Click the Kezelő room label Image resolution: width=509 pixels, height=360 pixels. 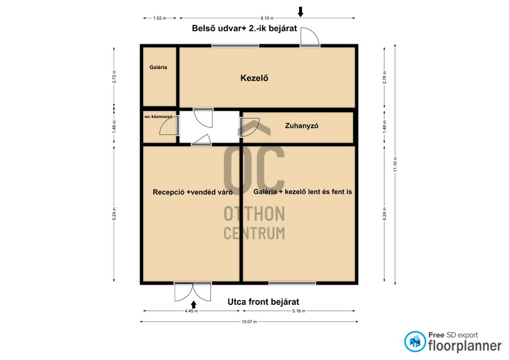tap(254, 78)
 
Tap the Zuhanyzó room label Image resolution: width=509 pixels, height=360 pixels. tap(302, 126)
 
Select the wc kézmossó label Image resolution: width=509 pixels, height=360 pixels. tap(159, 117)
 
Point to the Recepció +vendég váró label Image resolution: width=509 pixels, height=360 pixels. tap(192, 192)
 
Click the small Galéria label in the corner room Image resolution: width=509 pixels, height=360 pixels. tap(159, 67)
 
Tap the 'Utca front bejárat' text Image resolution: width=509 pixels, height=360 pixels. tap(264, 302)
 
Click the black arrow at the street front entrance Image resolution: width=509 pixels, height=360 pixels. tap(194, 304)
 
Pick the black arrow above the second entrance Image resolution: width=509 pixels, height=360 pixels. tap(301, 12)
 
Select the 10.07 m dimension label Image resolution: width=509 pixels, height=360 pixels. tap(249, 322)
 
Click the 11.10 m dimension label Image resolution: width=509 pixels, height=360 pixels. tap(395, 164)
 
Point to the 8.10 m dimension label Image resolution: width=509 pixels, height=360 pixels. tap(267, 18)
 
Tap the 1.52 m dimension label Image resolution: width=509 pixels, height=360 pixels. tap(160, 18)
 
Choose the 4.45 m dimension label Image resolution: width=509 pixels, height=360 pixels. tap(191, 311)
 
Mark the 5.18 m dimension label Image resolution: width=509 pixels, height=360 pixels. tap(299, 311)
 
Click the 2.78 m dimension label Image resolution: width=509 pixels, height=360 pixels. tap(384, 77)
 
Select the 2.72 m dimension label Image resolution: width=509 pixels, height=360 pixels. tap(114, 76)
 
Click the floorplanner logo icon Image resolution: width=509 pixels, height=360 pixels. tap(415, 341)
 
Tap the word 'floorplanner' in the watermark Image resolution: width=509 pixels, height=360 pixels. tap(465, 346)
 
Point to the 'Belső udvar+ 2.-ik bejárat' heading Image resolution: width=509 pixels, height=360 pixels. tap(244, 29)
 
